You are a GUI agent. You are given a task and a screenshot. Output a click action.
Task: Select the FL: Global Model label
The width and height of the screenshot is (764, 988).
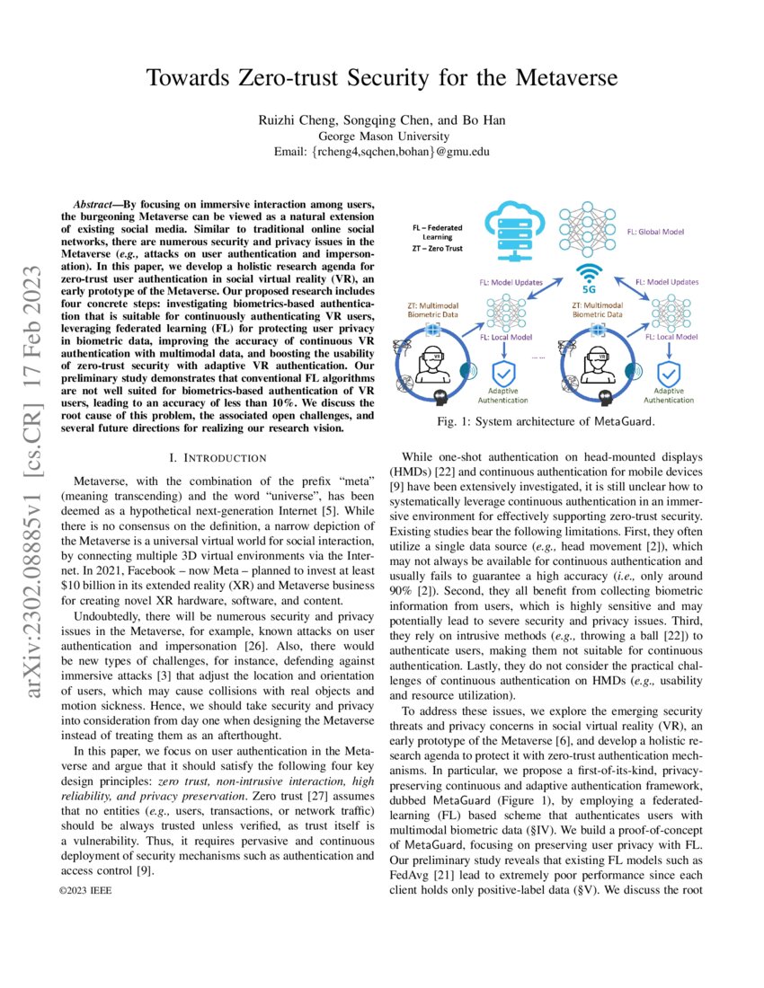656,232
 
